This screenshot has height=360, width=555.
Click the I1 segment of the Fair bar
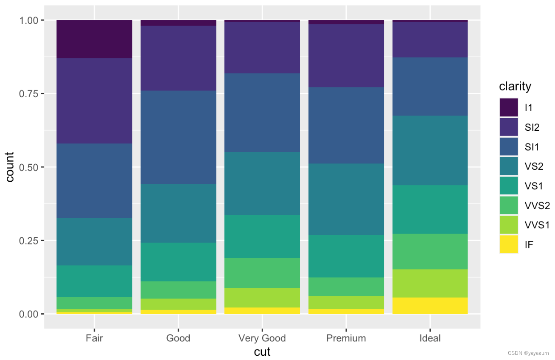[x=94, y=39]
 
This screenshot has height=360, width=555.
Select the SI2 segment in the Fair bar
[x=94, y=101]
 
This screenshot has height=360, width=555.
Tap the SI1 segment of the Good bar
[x=178, y=137]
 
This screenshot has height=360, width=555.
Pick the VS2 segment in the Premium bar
[x=346, y=199]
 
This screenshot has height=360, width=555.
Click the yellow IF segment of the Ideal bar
[x=430, y=306]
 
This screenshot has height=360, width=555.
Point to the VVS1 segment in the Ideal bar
[x=430, y=283]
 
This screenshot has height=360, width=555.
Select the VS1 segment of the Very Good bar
[x=262, y=236]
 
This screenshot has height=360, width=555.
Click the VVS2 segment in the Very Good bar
[x=262, y=273]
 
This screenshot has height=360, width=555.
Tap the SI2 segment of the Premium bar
[x=346, y=56]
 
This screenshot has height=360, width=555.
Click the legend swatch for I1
[x=509, y=107]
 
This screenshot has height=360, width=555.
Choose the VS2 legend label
[x=534, y=166]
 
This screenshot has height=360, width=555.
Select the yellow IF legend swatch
[x=509, y=245]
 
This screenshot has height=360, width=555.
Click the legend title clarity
[x=515, y=87]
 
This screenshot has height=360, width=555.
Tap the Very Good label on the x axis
[x=262, y=338]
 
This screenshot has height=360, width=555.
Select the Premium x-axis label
[x=346, y=338]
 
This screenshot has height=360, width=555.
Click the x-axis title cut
[x=262, y=352]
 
